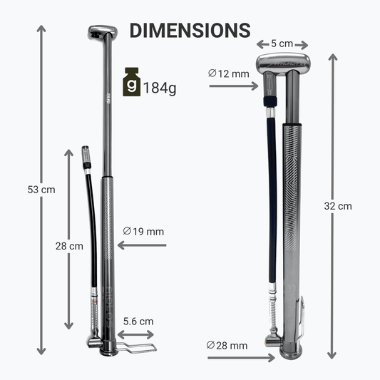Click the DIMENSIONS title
point(190,30)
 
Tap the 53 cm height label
point(41,190)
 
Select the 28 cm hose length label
point(69,246)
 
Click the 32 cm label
point(338,206)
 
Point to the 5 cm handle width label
point(282,43)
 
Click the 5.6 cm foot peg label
point(138,322)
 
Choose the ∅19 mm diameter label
point(143,232)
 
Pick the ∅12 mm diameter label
point(229,73)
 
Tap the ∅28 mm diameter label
point(227,345)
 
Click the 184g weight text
point(160,88)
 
